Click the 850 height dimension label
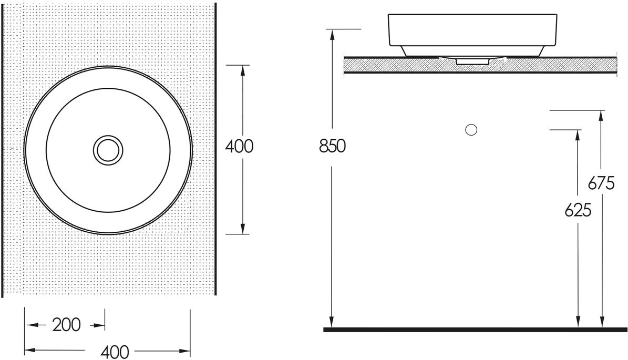332,146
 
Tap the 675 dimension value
601,183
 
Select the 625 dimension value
578,210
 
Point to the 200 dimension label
67,325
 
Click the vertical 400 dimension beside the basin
239,146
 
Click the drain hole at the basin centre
108,150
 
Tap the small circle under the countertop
471,130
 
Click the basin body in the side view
473,35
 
